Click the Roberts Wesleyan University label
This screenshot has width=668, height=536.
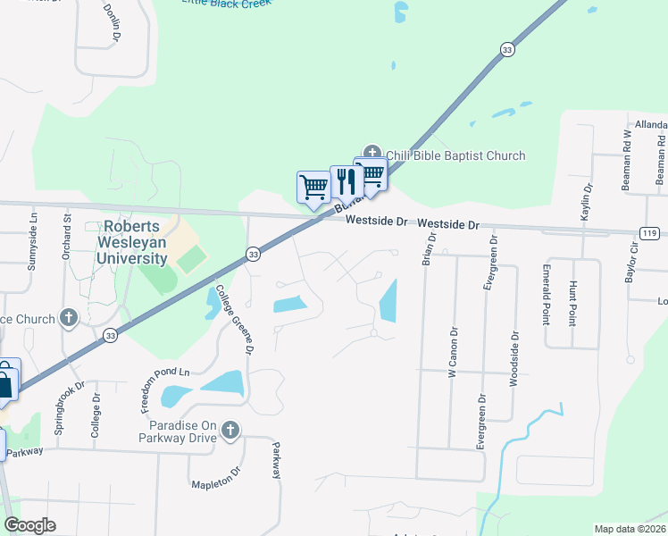point(134,242)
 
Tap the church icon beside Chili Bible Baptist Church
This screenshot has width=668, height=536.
point(372,155)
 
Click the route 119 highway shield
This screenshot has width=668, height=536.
point(650,233)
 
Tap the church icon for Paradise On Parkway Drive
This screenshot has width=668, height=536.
point(230,431)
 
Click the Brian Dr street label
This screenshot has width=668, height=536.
point(431,250)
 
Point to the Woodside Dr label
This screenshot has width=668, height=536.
point(514,360)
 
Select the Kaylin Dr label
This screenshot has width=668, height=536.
point(587,205)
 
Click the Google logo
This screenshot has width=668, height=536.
point(29,525)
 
